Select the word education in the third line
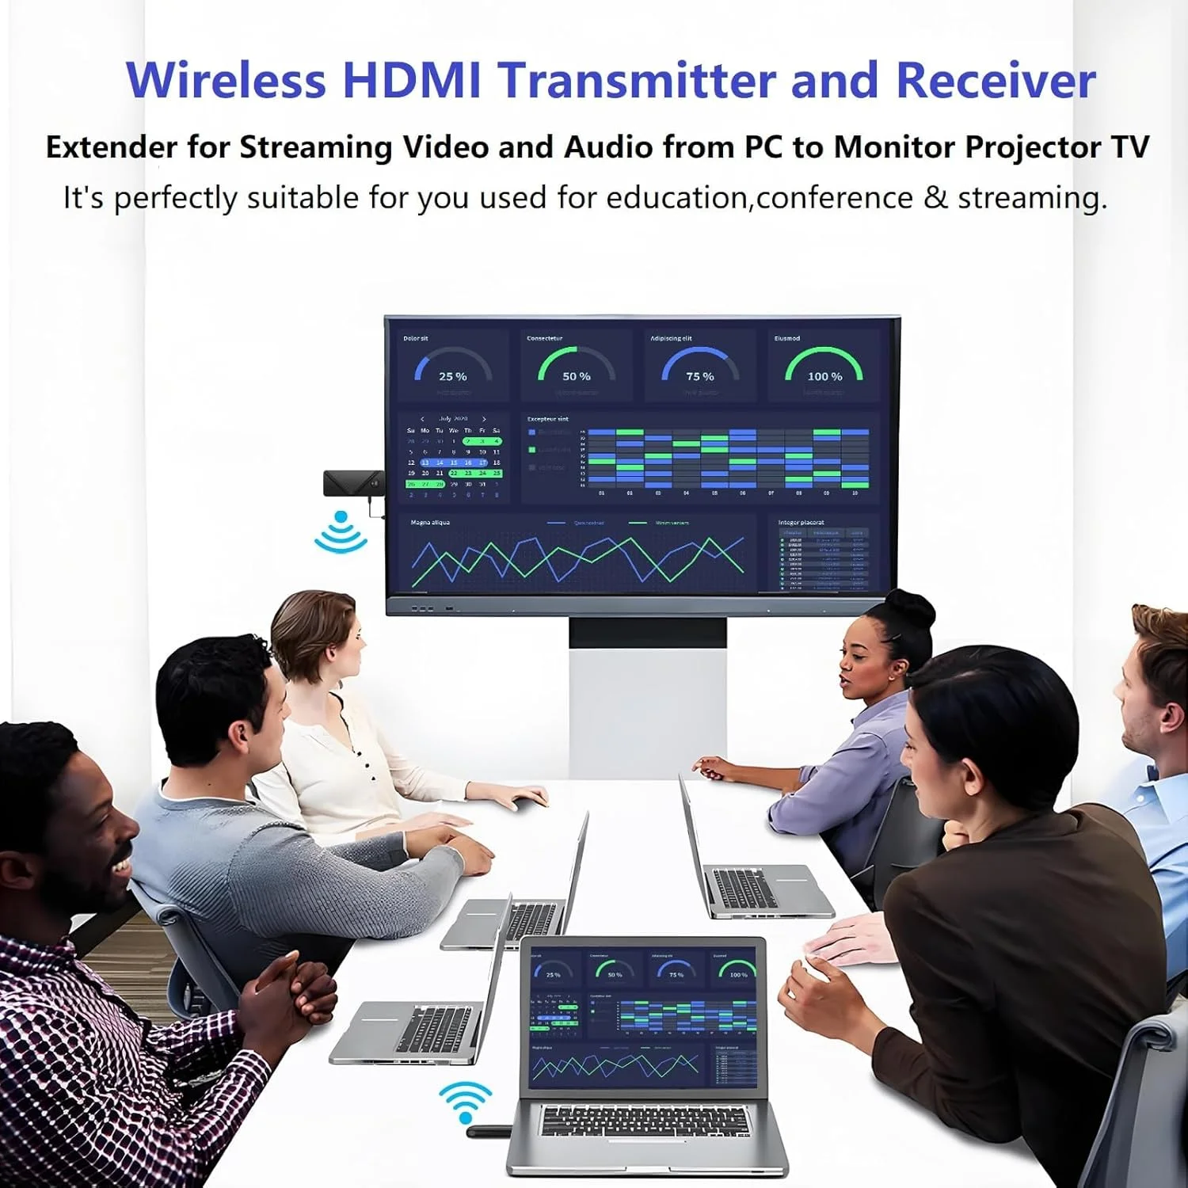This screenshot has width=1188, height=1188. (677, 198)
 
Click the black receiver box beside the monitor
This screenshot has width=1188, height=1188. (352, 483)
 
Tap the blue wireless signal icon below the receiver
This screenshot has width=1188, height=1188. (341, 532)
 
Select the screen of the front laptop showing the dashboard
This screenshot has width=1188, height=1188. (643, 1017)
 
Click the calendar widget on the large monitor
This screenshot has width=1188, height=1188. (454, 458)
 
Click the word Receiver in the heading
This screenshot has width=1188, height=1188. (996, 80)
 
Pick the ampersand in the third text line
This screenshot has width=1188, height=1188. (935, 198)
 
